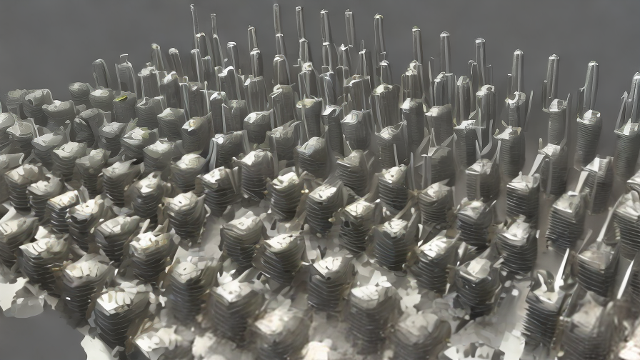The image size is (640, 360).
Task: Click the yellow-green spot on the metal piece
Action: click(x=122, y=98)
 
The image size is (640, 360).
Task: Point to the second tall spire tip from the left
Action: click(x=213, y=16)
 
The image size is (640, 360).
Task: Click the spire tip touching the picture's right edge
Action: click(x=636, y=77)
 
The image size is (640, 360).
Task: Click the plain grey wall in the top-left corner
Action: click(x=43, y=29)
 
